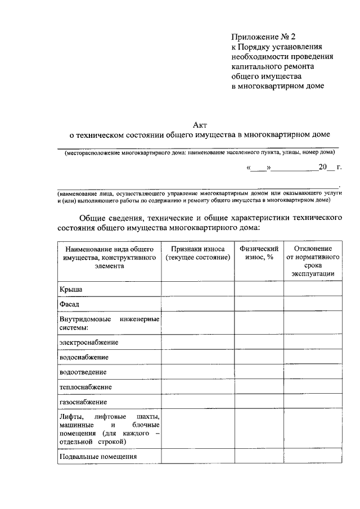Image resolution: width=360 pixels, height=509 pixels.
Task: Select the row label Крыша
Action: pos(71,289)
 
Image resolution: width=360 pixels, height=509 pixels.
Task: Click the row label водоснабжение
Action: pos(84,357)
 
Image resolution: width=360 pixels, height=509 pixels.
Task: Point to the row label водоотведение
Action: pos(83,372)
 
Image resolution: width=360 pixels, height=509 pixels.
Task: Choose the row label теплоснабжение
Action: pos(85,388)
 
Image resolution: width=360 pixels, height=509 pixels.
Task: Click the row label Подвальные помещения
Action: pos(98,457)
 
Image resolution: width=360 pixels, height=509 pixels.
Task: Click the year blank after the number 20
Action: pos(331,168)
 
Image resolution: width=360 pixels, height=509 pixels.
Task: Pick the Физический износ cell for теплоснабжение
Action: pos(259,388)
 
